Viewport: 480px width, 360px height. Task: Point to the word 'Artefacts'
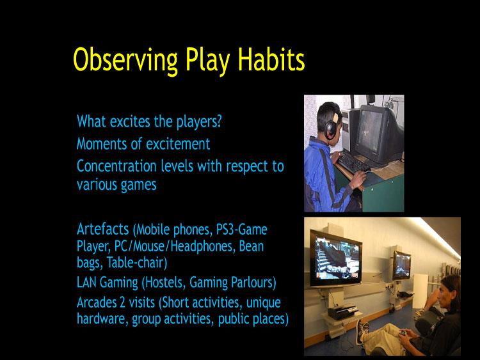click(103, 228)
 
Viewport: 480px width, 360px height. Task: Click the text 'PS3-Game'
click(243, 229)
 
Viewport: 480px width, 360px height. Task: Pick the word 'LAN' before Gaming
click(88, 281)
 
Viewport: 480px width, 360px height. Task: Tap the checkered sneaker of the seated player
click(365, 331)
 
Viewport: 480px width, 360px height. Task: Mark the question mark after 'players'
click(227, 121)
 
